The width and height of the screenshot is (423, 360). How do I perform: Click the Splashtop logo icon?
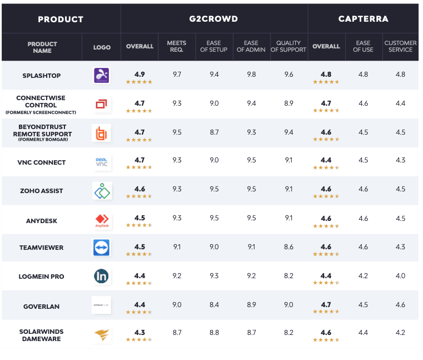[102, 75]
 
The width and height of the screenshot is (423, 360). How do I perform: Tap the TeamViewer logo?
[102, 248]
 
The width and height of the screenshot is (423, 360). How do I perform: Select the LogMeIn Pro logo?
[102, 276]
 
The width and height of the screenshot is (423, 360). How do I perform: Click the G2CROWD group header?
[214, 19]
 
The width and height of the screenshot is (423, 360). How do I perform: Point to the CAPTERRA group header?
[363, 19]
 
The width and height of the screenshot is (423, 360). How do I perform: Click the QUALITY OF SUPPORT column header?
[288, 46]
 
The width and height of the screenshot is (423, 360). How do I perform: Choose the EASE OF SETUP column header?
[213, 46]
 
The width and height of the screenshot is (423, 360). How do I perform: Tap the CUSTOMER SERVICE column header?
[400, 46]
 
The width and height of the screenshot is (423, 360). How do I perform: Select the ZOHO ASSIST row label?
[42, 191]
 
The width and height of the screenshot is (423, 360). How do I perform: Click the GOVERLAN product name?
[42, 305]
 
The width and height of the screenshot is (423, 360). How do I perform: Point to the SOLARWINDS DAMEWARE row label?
[42, 335]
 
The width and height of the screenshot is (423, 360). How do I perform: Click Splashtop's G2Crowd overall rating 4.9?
[140, 74]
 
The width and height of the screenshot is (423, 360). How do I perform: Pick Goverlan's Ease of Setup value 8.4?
[213, 305]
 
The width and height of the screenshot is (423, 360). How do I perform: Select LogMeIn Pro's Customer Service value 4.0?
[400, 276]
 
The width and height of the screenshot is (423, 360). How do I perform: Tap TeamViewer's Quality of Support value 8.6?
[288, 247]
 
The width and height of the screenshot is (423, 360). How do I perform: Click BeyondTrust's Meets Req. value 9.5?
[177, 132]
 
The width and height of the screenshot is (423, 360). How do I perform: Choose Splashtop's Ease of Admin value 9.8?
[251, 75]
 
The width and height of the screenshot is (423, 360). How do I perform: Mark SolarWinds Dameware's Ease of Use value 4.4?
[363, 333]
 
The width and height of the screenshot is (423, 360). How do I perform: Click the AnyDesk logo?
[102, 220]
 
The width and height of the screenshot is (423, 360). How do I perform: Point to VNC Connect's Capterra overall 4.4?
[326, 160]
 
